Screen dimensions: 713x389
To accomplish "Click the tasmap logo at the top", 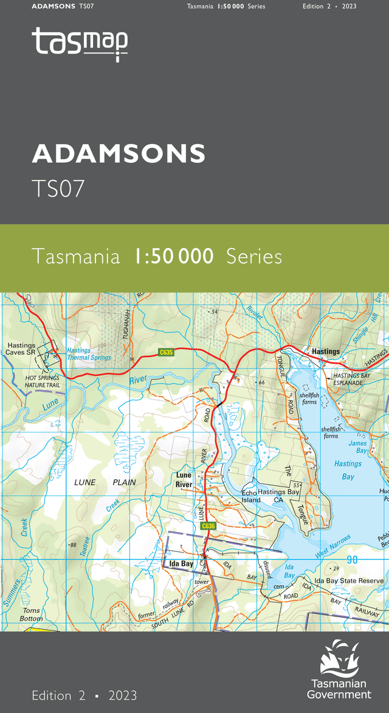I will point(80,44).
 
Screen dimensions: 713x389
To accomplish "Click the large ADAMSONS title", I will point(119,154).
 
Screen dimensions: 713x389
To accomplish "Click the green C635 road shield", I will point(166,352).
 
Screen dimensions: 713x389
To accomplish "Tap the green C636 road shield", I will point(208,526).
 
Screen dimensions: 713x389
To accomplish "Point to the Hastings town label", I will point(325,352).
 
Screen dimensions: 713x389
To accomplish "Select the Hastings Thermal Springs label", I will point(89,354).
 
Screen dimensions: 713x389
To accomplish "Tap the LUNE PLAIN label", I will point(105,482).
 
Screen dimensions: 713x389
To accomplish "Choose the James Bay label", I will point(358,447).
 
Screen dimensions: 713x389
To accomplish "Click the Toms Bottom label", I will point(32,615).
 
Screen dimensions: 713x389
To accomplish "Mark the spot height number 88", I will point(73,545).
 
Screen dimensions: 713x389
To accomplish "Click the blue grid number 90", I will point(351,559).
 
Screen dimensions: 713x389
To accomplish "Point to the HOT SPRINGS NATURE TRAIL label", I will point(43,382).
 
